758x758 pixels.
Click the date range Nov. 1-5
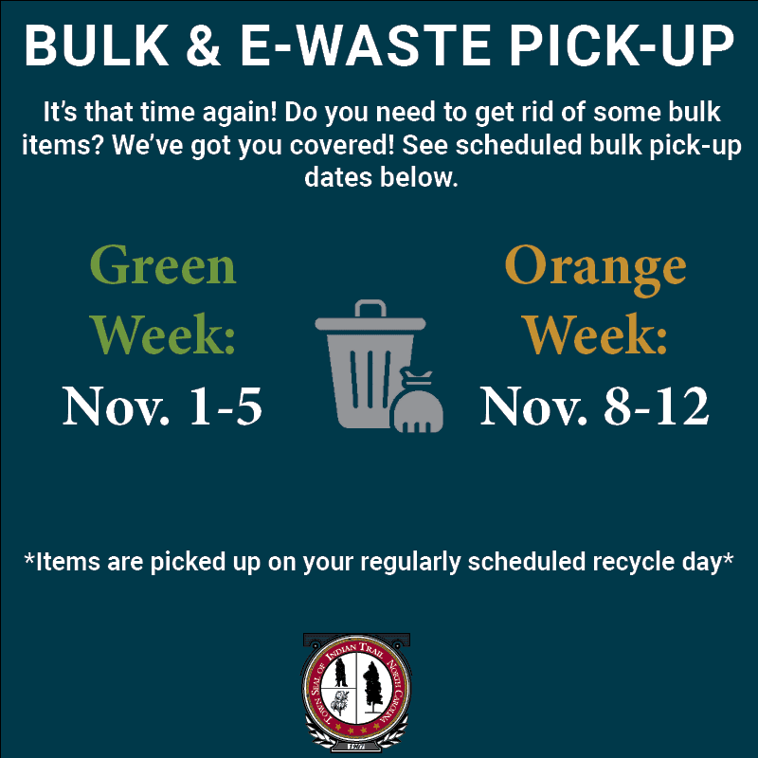coord(162,405)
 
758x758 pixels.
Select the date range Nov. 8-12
coord(594,405)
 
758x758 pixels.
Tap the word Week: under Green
coord(162,334)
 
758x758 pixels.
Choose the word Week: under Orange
coord(594,334)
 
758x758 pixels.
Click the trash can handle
coord(370,309)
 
